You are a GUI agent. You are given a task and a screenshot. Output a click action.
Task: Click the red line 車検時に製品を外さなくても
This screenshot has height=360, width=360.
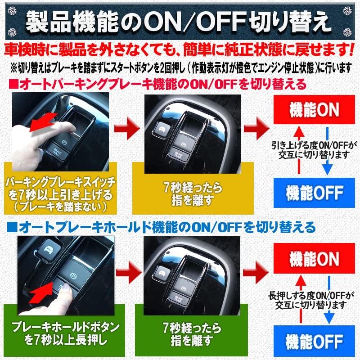pyautogui.click(x=180, y=49)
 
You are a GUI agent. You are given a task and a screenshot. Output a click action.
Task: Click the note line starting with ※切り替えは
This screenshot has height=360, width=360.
pyautogui.click(x=180, y=67)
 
